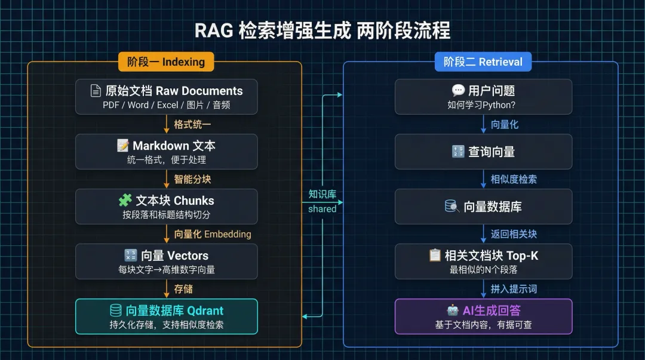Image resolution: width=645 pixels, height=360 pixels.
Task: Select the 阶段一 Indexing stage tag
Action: pyautogui.click(x=165, y=61)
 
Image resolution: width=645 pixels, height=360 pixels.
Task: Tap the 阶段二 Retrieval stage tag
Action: pyautogui.click(x=483, y=61)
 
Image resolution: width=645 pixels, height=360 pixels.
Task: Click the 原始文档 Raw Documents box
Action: pyautogui.click(x=167, y=97)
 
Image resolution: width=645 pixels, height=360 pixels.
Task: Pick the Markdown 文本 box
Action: pyautogui.click(x=167, y=152)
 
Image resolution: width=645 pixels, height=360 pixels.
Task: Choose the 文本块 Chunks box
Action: pyautogui.click(x=167, y=207)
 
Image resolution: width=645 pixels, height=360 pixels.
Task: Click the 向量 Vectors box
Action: pyautogui.click(x=167, y=261)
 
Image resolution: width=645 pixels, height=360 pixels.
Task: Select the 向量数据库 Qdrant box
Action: pyautogui.click(x=167, y=316)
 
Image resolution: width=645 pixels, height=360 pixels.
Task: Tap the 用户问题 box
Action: pyautogui.click(x=483, y=97)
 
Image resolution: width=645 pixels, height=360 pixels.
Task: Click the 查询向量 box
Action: pyautogui.click(x=483, y=152)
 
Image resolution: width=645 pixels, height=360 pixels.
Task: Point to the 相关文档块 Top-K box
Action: pyautogui.click(x=483, y=261)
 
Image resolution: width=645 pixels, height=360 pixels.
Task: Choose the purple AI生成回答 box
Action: pyautogui.click(x=483, y=316)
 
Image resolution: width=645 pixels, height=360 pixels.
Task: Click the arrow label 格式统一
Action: pyautogui.click(x=192, y=124)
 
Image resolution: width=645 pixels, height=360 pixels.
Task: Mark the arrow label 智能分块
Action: pyautogui.click(x=192, y=179)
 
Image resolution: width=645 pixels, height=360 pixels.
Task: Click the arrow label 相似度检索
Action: pyautogui.click(x=514, y=179)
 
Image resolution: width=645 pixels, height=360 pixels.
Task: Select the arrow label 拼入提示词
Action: pyautogui.click(x=514, y=289)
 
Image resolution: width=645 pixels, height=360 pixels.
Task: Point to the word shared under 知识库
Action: pyautogui.click(x=322, y=209)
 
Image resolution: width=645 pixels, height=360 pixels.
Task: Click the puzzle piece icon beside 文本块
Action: pyautogui.click(x=125, y=201)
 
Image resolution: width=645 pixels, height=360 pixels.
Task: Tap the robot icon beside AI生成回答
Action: pyautogui.click(x=453, y=310)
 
